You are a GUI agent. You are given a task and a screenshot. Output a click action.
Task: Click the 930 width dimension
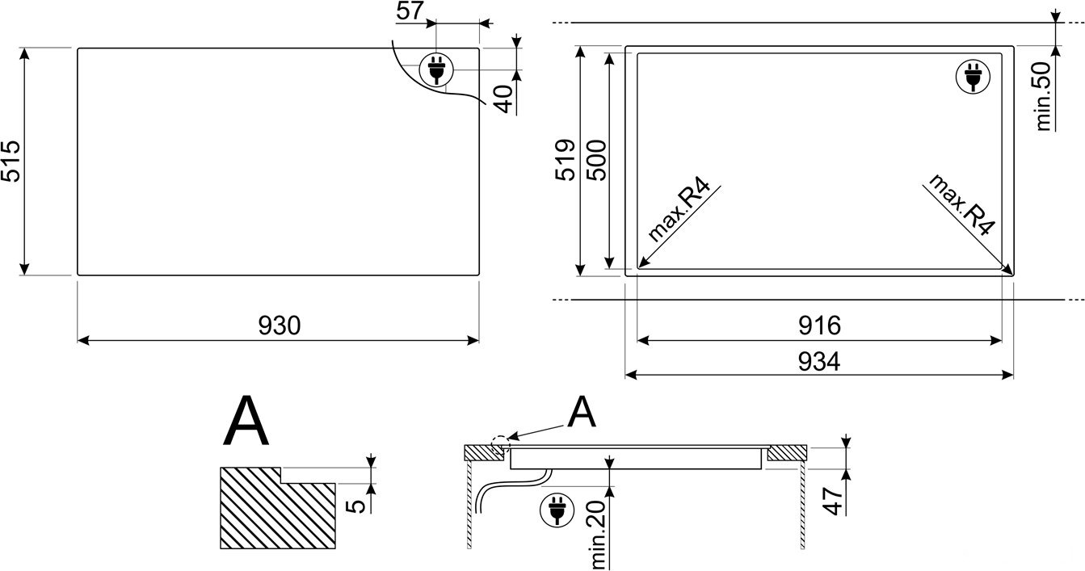pyautogui.click(x=279, y=325)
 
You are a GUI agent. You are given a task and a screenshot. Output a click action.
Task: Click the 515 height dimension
pyautogui.click(x=11, y=162)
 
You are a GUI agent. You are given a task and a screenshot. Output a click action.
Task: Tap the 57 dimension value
pyautogui.click(x=410, y=10)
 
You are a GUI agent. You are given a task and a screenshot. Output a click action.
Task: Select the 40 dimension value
pyautogui.click(x=504, y=99)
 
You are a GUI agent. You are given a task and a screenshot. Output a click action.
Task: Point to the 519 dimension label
pyautogui.click(x=566, y=160)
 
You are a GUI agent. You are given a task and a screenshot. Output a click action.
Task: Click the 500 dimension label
pyautogui.click(x=596, y=160)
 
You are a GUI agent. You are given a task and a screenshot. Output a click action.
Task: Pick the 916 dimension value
pyautogui.click(x=819, y=325)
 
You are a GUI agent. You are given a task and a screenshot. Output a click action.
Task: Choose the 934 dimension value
pyautogui.click(x=819, y=362)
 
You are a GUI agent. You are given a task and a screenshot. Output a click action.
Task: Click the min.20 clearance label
pyautogui.click(x=599, y=534)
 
